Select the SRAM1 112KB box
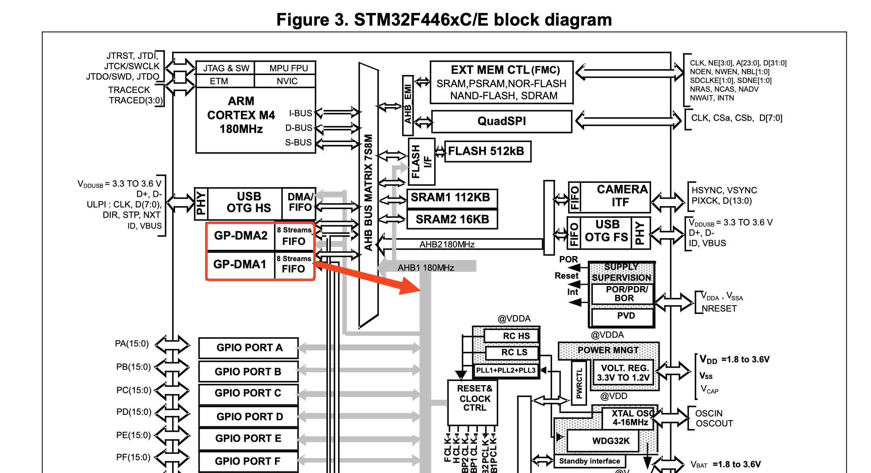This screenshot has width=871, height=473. [x=452, y=197]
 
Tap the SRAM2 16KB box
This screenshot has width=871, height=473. [x=452, y=219]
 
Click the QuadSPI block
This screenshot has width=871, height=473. [x=502, y=121]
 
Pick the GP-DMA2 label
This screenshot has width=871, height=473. [x=241, y=236]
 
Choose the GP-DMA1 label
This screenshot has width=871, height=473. [x=240, y=264]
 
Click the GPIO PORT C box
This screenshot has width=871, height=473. [x=248, y=393]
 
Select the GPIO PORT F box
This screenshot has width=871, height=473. [x=248, y=461]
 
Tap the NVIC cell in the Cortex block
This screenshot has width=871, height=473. [x=287, y=81]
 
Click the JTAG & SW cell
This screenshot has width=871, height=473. [x=226, y=68]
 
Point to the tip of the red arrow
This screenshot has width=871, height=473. [x=419, y=289]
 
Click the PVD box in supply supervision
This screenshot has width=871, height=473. [x=626, y=316]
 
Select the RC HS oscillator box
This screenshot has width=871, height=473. [x=516, y=336]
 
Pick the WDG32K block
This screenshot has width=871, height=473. [x=611, y=441]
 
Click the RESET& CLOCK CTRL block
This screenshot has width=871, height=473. [x=474, y=398]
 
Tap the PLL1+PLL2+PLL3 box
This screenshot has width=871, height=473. [x=506, y=371]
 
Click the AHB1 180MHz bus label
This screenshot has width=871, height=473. [x=426, y=268]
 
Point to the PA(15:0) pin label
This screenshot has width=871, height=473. [x=132, y=344]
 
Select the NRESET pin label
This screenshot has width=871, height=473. [x=719, y=309]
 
